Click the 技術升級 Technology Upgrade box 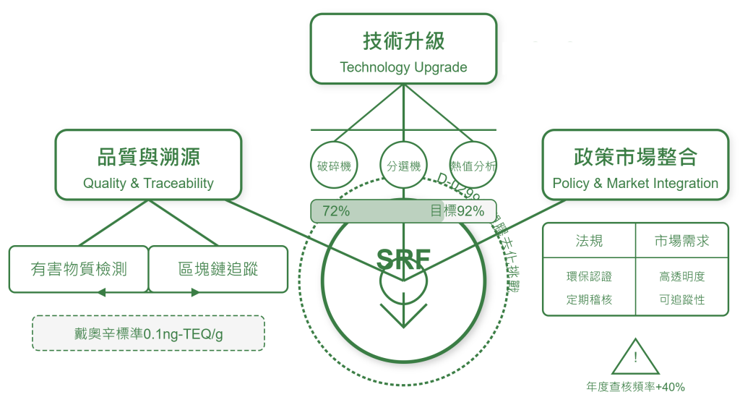pyautogui.click(x=403, y=48)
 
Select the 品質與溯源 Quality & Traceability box pyautogui.click(x=148, y=164)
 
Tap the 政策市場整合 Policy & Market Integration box pyautogui.click(x=635, y=164)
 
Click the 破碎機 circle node pyautogui.click(x=334, y=166)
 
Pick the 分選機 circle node pyautogui.click(x=404, y=166)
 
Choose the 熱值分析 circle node pyautogui.click(x=473, y=166)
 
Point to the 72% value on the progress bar pyautogui.click(x=336, y=211)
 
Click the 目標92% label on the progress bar pyautogui.click(x=457, y=211)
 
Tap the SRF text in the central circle pyautogui.click(x=403, y=258)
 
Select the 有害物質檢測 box pyautogui.click(x=79, y=269)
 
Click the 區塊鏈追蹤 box pyautogui.click(x=218, y=269)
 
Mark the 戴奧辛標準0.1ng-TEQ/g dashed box pyautogui.click(x=148, y=333)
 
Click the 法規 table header pyautogui.click(x=589, y=241)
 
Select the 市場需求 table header pyautogui.click(x=682, y=241)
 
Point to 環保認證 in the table pyautogui.click(x=589, y=276)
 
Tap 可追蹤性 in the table pyautogui.click(x=682, y=299)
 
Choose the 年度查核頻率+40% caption pyautogui.click(x=635, y=388)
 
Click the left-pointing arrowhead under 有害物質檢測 pyautogui.click(x=101, y=293)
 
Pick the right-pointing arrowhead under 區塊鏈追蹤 pyautogui.click(x=195, y=293)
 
